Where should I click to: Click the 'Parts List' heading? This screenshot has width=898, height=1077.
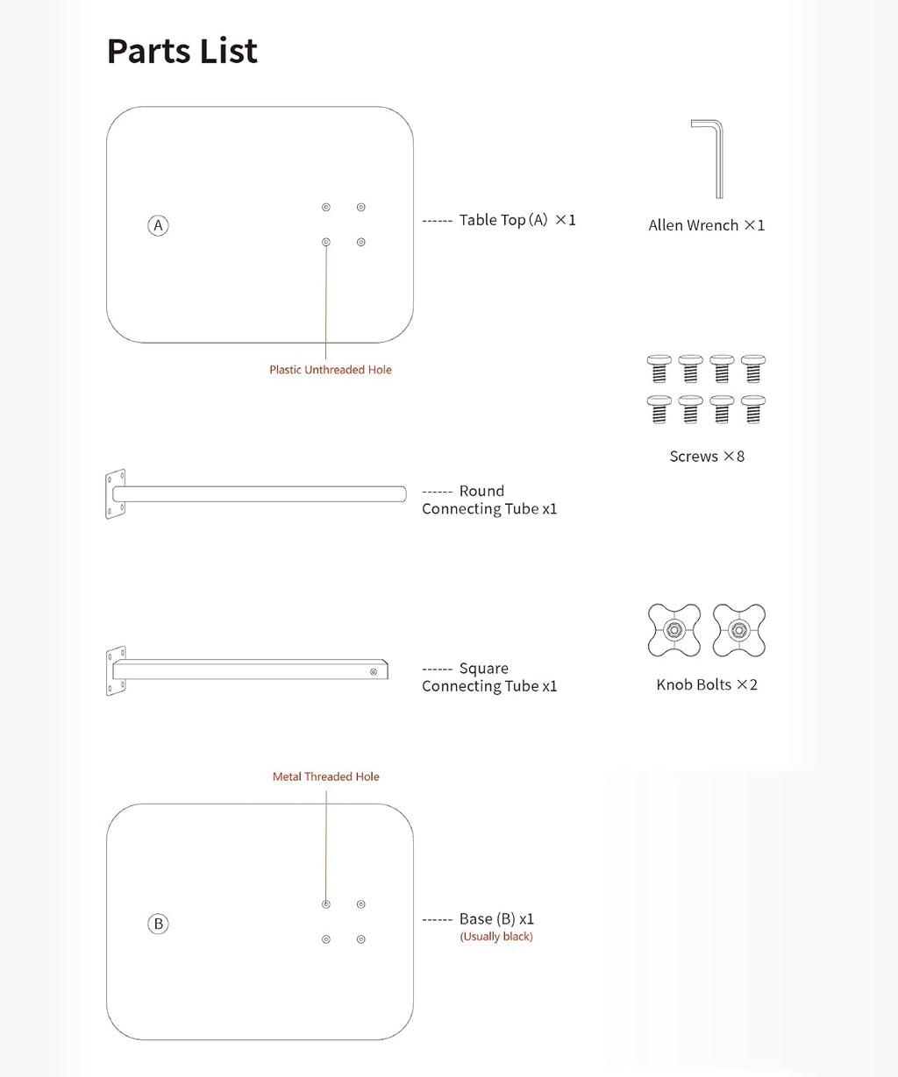click(x=182, y=51)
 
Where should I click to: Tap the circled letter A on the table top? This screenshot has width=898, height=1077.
click(x=158, y=225)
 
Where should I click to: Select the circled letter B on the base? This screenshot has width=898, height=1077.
click(x=158, y=924)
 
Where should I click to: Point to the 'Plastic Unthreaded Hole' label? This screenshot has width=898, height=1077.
click(x=331, y=370)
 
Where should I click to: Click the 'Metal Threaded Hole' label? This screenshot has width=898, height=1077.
click(x=325, y=776)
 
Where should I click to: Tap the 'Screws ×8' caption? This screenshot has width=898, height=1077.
click(x=707, y=456)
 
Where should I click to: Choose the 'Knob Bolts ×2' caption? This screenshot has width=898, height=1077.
click(x=707, y=684)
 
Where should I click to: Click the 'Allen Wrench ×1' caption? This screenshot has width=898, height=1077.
click(x=707, y=225)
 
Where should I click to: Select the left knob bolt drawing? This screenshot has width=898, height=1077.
click(x=674, y=630)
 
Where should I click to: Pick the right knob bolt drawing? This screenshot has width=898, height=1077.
click(x=739, y=630)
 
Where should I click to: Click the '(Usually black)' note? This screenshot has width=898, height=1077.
click(x=496, y=937)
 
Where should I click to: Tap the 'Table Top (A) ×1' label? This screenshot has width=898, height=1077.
click(x=517, y=220)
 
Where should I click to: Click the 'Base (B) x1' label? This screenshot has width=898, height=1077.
click(x=496, y=918)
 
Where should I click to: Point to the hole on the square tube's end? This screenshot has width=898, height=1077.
click(x=374, y=671)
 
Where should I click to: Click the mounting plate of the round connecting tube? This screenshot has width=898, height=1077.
click(x=115, y=494)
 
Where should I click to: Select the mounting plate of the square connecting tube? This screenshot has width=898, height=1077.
click(x=116, y=671)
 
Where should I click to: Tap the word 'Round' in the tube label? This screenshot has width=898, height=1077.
click(x=481, y=491)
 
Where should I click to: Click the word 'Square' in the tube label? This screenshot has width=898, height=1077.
click(x=483, y=669)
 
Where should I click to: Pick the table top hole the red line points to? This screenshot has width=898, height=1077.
click(x=325, y=242)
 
